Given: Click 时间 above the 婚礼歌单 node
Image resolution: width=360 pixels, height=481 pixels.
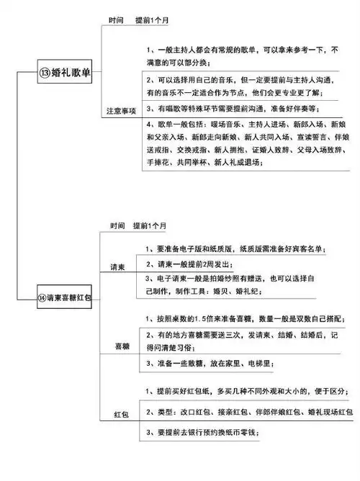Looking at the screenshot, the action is click(x=116, y=22).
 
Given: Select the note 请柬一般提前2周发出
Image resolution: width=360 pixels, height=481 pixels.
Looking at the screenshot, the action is click(x=190, y=264).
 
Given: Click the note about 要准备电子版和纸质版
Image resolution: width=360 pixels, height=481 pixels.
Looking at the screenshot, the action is click(x=232, y=249).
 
